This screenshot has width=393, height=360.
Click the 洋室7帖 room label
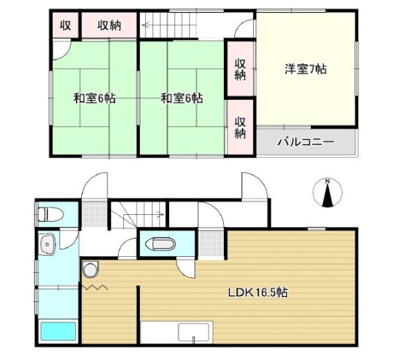click(305, 69)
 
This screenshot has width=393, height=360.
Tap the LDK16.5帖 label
click(258, 292)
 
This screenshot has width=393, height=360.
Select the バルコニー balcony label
click(306, 142)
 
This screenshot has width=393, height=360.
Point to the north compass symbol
click(328, 193)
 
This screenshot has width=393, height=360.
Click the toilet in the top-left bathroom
click(50, 214)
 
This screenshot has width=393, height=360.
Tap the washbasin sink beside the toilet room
click(47, 244)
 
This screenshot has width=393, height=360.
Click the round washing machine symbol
click(90, 269)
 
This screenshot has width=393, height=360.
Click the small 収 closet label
click(65, 26)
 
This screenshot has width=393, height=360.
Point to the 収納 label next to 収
click(109, 26)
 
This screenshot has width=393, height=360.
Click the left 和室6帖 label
click(95, 98)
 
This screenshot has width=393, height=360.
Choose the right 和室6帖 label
click(182, 98)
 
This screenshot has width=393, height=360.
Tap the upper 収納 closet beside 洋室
click(240, 69)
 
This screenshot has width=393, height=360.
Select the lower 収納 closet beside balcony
click(240, 128)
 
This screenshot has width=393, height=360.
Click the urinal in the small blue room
click(160, 244)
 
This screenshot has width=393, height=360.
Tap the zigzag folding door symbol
click(95, 287)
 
